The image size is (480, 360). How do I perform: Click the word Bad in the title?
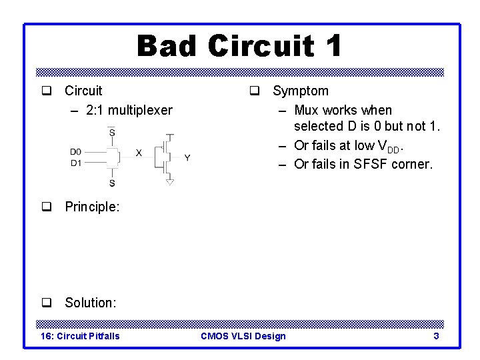pos(167,47)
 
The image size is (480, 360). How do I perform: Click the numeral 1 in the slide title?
pos(333,47)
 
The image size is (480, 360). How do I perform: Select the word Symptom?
pos(300,91)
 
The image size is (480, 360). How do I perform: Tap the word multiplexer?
pos(140,110)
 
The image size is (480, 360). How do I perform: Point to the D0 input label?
pos(76,152)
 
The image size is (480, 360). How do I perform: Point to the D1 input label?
pos(76,163)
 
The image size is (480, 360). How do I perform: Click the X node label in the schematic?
pos(139,153)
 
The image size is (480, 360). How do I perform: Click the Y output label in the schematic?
pos(187,158)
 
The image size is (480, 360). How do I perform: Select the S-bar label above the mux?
pos(111,133)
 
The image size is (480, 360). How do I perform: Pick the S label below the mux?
pos(111,183)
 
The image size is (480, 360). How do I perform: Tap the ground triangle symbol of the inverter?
pos(170,181)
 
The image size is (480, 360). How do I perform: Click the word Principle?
pos(91,207)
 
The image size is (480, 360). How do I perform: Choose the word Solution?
pos(90,303)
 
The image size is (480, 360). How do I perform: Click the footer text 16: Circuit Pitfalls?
pos(81,336)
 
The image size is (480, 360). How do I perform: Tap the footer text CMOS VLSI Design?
pos(243,336)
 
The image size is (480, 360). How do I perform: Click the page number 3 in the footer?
pos(436,336)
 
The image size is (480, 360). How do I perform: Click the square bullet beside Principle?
pos(47,207)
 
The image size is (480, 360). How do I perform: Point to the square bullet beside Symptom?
pos(255,91)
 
